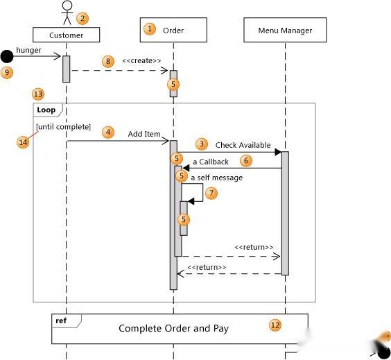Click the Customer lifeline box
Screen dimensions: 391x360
67,35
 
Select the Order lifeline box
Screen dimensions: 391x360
173,30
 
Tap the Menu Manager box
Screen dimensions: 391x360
285,30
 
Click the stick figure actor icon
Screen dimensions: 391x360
67,12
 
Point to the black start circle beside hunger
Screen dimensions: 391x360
7,56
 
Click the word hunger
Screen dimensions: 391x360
28,50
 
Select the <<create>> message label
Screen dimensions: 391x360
141,60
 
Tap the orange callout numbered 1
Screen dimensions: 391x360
150,29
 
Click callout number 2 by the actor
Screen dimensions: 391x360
82,18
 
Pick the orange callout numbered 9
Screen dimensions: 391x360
7,73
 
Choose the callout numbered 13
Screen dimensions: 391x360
38,94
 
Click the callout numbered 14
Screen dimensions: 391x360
23,142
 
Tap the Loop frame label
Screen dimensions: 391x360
46,110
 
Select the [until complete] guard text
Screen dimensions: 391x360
63,127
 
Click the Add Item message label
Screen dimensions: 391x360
144,134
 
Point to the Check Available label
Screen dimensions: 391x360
243,145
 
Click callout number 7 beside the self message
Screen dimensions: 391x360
211,193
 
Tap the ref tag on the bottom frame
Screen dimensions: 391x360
61,320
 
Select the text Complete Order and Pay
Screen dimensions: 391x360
173,328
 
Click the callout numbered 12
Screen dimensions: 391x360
275,325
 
